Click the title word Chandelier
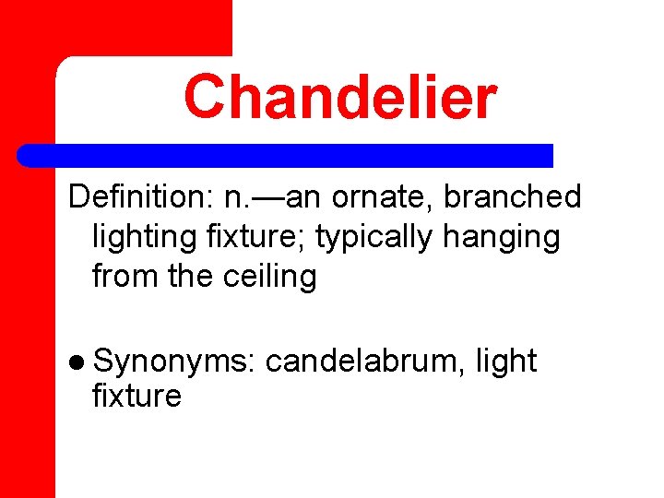click(x=340, y=97)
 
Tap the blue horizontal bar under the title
click(x=286, y=156)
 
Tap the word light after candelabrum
click(x=505, y=362)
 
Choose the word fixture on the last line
click(x=136, y=397)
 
